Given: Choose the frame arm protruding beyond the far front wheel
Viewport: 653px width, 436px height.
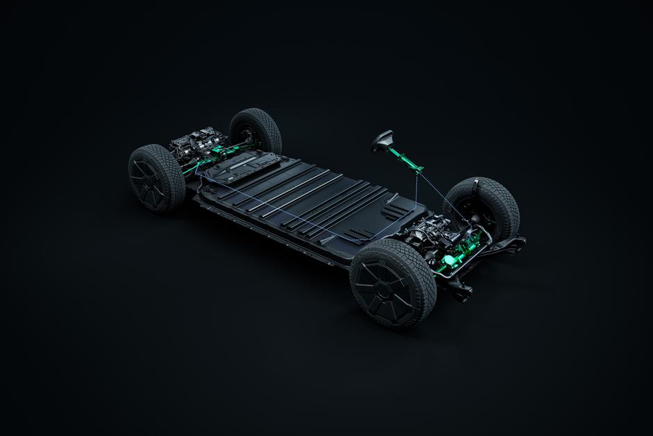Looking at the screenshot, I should point(514,243).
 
